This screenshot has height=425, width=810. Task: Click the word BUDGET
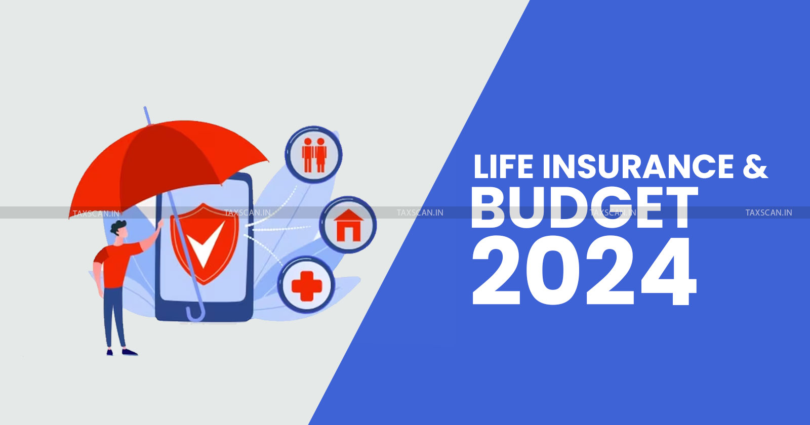click(584, 207)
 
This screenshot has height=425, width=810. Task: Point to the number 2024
click(584, 271)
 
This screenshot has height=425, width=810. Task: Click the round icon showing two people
click(313, 155)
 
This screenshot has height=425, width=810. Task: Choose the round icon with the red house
click(348, 225)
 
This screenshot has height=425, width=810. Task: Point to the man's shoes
click(122, 352)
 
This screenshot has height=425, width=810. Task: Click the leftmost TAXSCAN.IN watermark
click(96, 214)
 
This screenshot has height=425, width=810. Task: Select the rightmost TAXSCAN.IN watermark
click(769, 212)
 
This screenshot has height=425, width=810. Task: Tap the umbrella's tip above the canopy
click(145, 108)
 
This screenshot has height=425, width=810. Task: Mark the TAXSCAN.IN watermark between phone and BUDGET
click(420, 212)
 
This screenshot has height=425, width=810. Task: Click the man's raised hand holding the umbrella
click(160, 224)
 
